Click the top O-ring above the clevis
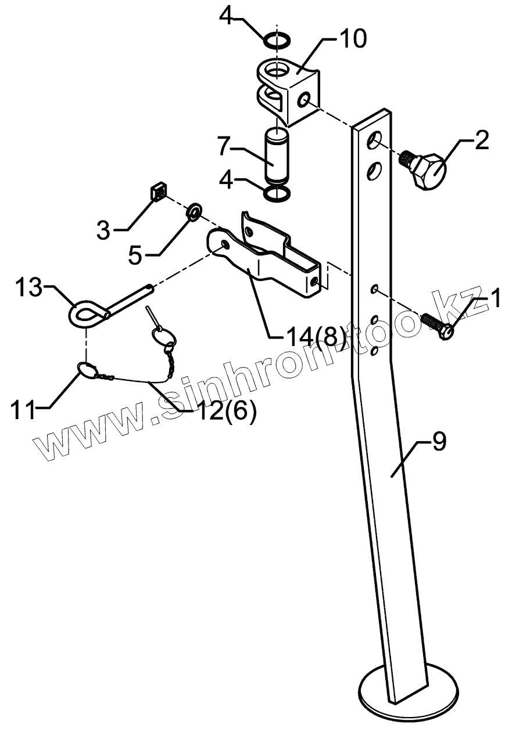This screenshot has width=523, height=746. coord(277,41)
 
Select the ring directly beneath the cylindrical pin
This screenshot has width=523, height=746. coord(278,193)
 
